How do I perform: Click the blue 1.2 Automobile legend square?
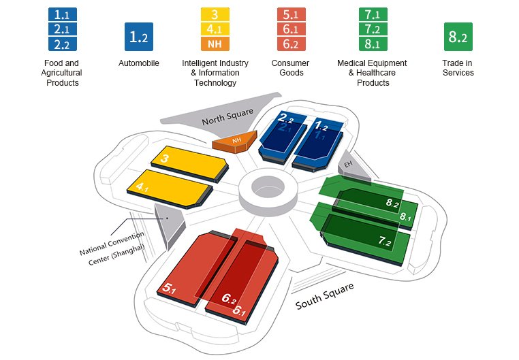139,37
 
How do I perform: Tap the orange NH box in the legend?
215,44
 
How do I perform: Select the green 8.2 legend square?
458,37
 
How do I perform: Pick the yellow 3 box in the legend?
215,14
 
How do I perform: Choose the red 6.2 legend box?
292,44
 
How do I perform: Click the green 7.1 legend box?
373,14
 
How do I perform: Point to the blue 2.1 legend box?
63,29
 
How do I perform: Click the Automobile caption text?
139,63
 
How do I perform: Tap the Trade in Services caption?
458,68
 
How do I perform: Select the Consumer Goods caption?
290,68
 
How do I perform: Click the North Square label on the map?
227,116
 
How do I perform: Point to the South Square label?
324,296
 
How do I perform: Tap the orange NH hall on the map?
236,142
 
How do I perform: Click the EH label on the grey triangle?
348,164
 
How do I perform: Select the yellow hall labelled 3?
190,163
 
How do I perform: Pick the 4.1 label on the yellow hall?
142,187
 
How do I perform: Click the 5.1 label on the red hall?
169,289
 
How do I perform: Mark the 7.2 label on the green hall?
385,242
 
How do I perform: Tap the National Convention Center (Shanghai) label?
112,248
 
